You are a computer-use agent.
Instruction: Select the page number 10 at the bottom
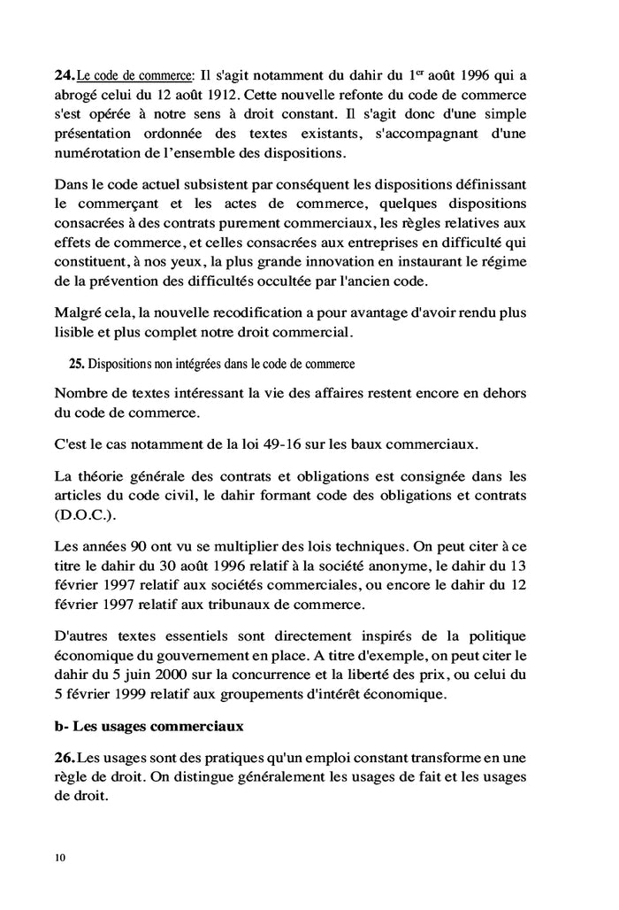[59, 858]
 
